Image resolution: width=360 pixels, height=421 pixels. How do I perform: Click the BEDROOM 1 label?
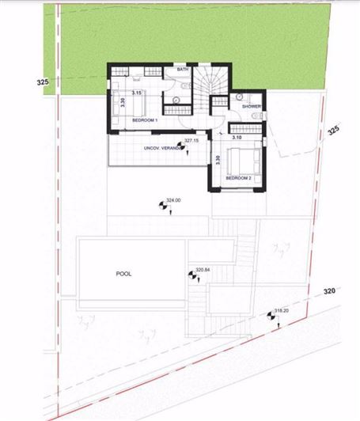145,119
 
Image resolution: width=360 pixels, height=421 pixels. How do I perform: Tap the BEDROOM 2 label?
238,179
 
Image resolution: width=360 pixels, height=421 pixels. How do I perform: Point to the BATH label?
183,70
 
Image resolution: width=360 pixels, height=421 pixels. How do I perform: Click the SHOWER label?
252,106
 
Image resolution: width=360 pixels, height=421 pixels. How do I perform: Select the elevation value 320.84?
203,270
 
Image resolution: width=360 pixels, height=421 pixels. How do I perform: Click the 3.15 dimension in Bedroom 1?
136,93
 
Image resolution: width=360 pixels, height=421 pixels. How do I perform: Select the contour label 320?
330,291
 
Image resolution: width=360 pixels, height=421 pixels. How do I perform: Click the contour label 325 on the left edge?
44,82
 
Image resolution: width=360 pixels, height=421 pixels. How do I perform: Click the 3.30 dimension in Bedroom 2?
218,160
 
